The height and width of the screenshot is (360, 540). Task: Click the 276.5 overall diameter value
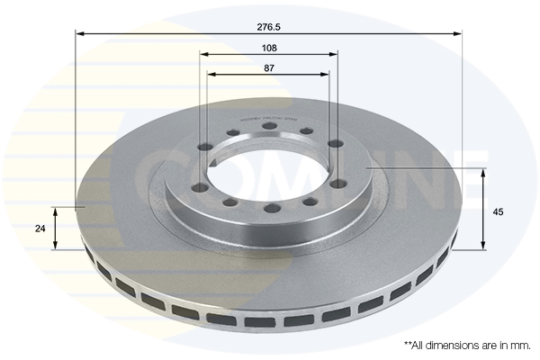(x=268, y=27)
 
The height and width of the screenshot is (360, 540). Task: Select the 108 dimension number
(x=268, y=47)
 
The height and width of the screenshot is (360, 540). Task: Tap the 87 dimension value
(x=268, y=67)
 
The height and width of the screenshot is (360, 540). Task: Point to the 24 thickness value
(x=40, y=229)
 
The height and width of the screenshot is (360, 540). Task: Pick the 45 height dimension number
(x=498, y=211)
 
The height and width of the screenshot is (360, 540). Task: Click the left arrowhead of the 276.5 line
(x=79, y=34)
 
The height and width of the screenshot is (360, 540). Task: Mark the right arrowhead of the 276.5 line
(x=458, y=34)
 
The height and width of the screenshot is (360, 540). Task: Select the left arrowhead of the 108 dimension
(x=203, y=54)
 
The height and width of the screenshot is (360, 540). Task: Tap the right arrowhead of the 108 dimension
(x=335, y=54)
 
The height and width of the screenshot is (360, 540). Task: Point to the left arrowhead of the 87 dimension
(x=211, y=74)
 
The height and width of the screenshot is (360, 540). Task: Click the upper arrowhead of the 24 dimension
(x=56, y=211)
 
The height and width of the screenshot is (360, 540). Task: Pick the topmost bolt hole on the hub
(x=269, y=126)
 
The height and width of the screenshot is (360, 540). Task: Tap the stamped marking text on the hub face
(x=268, y=117)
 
